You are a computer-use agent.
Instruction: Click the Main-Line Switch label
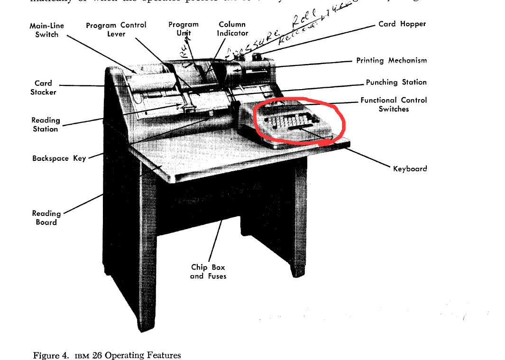pos(46,30)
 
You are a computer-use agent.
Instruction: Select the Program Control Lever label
pos(116,29)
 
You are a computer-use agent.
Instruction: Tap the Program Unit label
pos(184,29)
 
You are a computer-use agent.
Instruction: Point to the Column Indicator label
pos(232,29)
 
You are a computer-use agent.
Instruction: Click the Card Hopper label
pos(402,24)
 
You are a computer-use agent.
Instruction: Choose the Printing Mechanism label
pos(391,61)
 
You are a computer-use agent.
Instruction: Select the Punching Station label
pos(396,83)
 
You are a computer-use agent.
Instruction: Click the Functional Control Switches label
pos(394,104)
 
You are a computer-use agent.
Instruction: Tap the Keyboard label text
pos(410,168)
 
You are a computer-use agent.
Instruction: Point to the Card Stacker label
pos(43,88)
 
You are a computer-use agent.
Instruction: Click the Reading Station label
pos(46,125)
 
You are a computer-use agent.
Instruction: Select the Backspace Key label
pos(59,158)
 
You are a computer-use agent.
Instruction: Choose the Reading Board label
pos(46,218)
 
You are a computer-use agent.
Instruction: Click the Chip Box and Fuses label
pos(208,272)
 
